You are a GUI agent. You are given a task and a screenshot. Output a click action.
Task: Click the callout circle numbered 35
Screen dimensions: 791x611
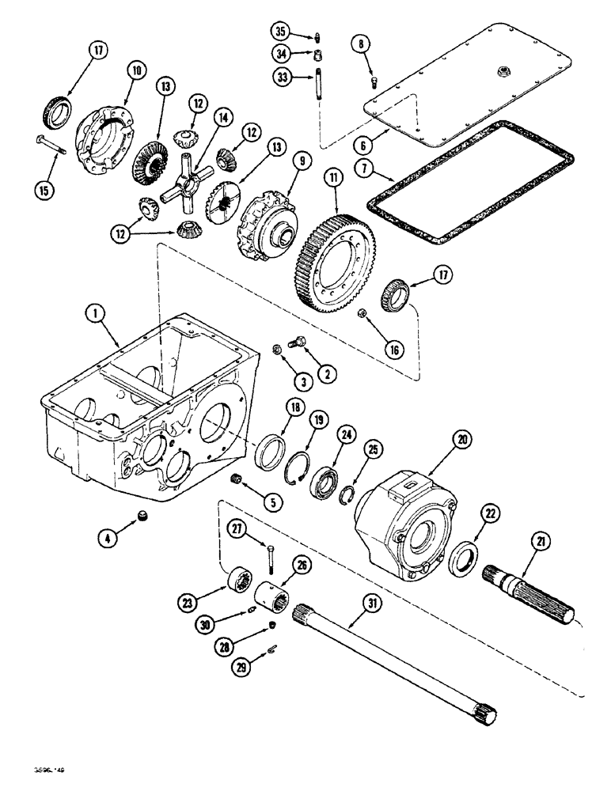[x=280, y=32]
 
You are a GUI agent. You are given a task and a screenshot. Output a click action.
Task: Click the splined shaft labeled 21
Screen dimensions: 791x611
[x=538, y=586]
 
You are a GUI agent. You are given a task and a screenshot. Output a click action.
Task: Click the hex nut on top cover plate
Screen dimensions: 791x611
[x=503, y=73]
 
